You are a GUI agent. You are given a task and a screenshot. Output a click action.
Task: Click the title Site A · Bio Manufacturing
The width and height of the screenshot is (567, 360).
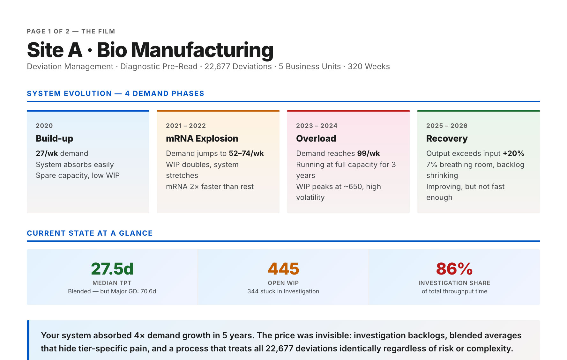click(x=150, y=50)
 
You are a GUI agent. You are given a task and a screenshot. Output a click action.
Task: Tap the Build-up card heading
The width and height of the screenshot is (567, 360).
click(x=54, y=139)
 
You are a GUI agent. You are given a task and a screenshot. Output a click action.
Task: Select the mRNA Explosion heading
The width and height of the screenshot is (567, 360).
click(x=202, y=138)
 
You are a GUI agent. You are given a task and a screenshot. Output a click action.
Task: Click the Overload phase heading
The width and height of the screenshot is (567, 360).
click(x=316, y=138)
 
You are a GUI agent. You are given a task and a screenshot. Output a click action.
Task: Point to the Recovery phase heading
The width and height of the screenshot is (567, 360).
click(x=447, y=139)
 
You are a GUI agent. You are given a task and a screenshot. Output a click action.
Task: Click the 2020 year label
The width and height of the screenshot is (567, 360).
click(x=44, y=126)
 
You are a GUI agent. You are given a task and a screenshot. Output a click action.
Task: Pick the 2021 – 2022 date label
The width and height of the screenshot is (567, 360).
click(x=186, y=126)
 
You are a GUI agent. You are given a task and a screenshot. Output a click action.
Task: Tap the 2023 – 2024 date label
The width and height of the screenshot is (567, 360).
click(x=317, y=126)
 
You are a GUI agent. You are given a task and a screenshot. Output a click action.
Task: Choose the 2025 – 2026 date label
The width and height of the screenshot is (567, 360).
click(x=447, y=126)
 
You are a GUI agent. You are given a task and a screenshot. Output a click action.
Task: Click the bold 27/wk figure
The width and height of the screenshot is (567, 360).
click(x=47, y=153)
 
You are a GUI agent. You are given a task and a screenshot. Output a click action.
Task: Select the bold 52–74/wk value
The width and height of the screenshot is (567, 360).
click(x=246, y=153)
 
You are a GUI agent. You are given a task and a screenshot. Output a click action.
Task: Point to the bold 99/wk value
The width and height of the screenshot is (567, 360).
click(x=369, y=153)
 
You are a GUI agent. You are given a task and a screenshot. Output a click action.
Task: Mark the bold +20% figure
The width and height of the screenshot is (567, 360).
click(x=513, y=153)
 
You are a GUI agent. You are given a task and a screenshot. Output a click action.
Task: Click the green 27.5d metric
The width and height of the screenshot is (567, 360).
click(x=112, y=269)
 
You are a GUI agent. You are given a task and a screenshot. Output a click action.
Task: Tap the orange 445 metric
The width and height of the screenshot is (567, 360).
click(x=283, y=269)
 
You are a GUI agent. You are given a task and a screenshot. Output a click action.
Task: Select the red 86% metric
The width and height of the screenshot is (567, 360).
click(x=454, y=269)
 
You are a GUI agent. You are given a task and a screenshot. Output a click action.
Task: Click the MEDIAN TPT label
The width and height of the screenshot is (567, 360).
click(x=112, y=283)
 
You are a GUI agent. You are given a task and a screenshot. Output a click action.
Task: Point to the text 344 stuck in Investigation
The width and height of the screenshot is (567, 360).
click(x=283, y=291)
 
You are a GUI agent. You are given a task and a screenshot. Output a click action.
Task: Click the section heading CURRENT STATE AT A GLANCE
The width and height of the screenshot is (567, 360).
click(x=90, y=233)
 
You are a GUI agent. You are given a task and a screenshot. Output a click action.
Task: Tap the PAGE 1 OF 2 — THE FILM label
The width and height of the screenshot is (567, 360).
click(x=71, y=31)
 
